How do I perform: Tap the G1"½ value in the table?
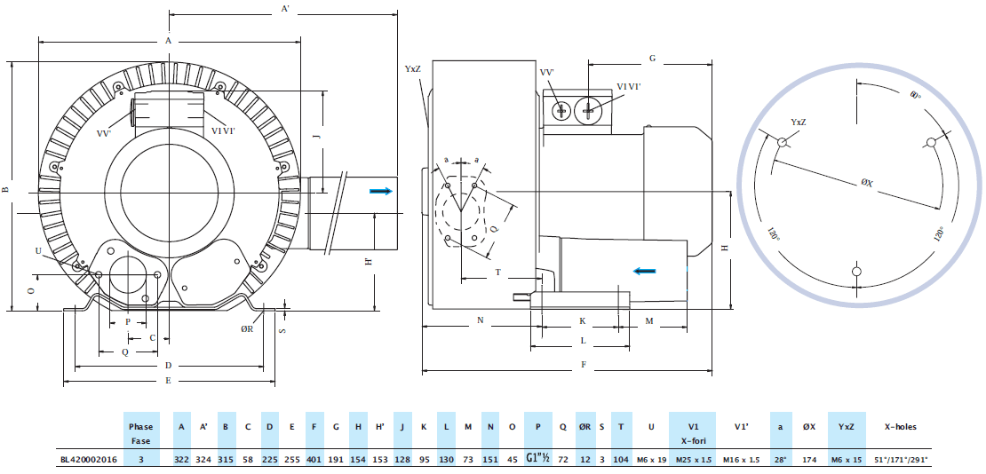pyautogui.click(x=538, y=460)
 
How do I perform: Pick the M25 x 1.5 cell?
pyautogui.click(x=695, y=460)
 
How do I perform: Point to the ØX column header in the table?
pyautogui.click(x=808, y=427)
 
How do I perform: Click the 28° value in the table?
pyautogui.click(x=780, y=460)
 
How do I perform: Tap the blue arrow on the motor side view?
pyautogui.click(x=646, y=272)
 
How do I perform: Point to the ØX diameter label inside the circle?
pyautogui.click(x=866, y=184)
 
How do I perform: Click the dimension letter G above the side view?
pyautogui.click(x=652, y=59)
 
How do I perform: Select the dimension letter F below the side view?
pyautogui.click(x=583, y=364)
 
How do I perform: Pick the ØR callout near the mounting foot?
pyautogui.click(x=247, y=328)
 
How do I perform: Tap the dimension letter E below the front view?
pyautogui.click(x=169, y=379)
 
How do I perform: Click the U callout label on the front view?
pyautogui.click(x=37, y=251)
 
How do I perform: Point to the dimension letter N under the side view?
pyautogui.click(x=480, y=320)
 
